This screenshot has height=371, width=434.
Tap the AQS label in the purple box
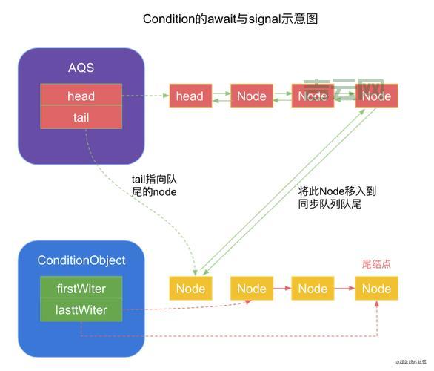pos(81,68)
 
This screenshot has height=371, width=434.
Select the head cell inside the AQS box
pos(81,96)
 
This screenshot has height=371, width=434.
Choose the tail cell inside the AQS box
pos(81,118)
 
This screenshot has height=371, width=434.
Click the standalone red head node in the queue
pos(189,96)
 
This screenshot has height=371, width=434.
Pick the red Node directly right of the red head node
pos(251,96)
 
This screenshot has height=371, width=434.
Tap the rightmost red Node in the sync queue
pos(376,96)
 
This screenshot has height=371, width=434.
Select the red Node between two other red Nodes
pos(313,96)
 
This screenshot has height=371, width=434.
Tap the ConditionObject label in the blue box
pos(81,260)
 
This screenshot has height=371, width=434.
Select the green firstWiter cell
pos(81,289)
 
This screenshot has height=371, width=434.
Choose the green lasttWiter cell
pos(81,310)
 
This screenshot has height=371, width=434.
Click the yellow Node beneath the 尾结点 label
pos(376,289)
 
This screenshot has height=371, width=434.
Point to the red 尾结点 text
pos(375,264)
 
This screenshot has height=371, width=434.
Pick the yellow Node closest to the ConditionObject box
pos(189,289)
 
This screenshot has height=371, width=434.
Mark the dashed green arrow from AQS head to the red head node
pos(145,96)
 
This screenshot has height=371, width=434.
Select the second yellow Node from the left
pos(251,289)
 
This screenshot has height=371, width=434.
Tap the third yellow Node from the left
pos(313,289)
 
